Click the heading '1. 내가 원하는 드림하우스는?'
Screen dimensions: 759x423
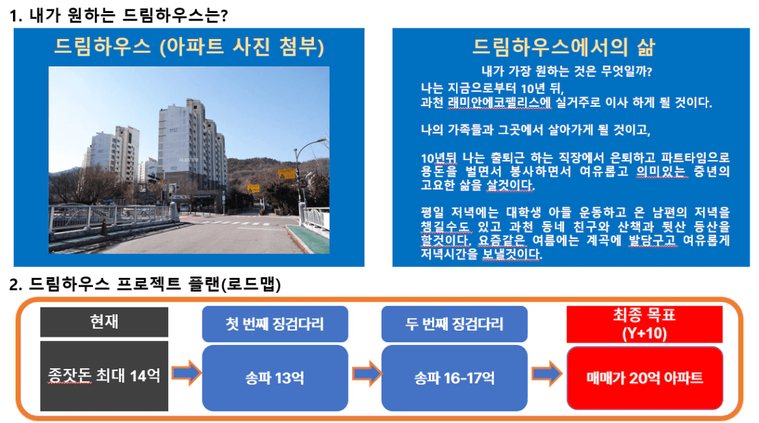click(x=118, y=15)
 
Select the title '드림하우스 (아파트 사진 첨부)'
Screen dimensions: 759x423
click(x=189, y=47)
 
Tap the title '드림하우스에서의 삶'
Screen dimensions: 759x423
click(x=564, y=47)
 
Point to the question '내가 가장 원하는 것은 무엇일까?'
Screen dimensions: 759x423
click(x=567, y=71)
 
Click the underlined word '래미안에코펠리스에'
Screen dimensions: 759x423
click(x=499, y=103)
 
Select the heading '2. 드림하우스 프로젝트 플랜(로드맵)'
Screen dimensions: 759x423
click(x=145, y=283)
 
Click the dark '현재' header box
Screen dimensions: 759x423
click(x=104, y=322)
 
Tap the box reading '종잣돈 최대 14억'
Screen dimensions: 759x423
click(x=104, y=376)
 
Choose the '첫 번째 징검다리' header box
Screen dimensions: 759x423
click(x=275, y=324)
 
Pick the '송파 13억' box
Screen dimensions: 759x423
click(x=275, y=378)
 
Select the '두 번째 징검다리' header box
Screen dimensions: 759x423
click(x=455, y=324)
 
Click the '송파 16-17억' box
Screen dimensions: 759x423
click(x=455, y=378)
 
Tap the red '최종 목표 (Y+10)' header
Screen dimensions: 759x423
click(x=644, y=324)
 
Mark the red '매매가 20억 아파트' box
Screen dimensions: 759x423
click(x=645, y=378)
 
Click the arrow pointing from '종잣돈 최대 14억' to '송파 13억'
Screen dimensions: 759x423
click(x=187, y=373)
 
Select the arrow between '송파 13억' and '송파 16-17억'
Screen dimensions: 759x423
click(x=367, y=373)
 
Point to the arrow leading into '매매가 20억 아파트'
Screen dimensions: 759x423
click(x=547, y=373)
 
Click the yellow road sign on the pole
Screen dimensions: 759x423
click(x=286, y=173)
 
